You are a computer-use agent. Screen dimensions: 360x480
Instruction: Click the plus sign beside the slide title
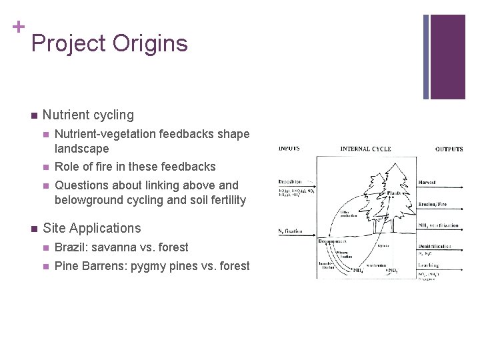[x=17, y=27]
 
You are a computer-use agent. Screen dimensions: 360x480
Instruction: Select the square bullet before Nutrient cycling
[x=33, y=115]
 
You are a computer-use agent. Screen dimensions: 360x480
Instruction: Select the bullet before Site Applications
[x=33, y=229]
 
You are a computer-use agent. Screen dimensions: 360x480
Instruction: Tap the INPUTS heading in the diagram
[x=289, y=149]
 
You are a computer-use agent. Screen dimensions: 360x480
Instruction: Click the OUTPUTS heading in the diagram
[x=449, y=149]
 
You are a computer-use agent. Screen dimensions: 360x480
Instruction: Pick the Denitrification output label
[x=435, y=246]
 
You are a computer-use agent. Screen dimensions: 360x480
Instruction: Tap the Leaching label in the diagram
[x=431, y=266]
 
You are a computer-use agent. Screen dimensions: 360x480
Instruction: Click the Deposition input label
[x=290, y=181]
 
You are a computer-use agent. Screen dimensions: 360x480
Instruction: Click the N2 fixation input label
[x=291, y=231]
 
